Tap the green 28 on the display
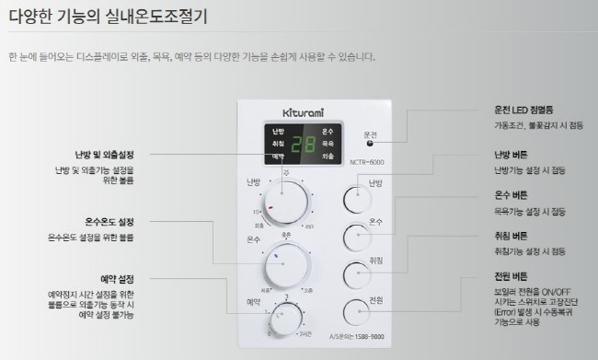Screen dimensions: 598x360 pos(303,145)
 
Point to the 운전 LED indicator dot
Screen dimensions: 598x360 pos(371,144)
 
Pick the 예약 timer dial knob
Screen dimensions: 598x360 pos(286,317)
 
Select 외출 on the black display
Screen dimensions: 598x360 pos(328,157)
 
